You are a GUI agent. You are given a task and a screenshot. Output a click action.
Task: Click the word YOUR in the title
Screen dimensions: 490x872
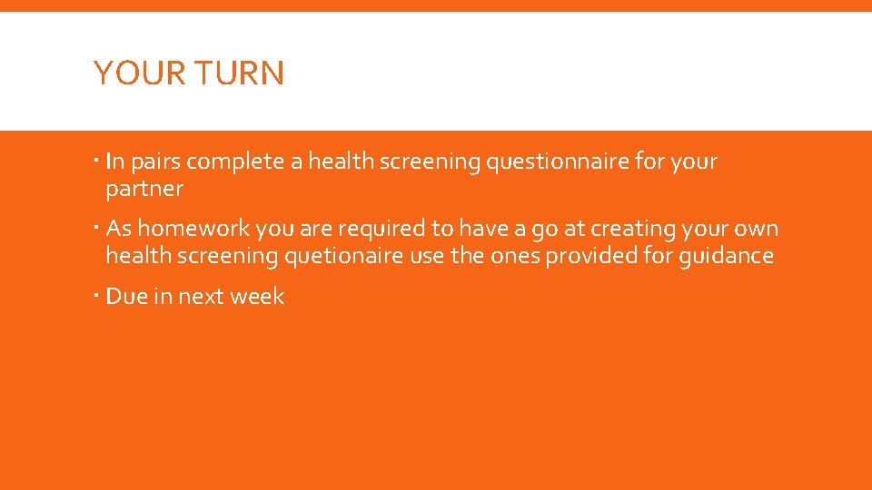[132, 73]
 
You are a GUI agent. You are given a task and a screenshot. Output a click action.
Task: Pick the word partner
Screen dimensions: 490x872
[144, 190]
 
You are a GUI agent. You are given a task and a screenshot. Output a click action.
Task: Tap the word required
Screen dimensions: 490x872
[381, 230]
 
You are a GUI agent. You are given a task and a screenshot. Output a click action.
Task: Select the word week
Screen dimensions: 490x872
[260, 297]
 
